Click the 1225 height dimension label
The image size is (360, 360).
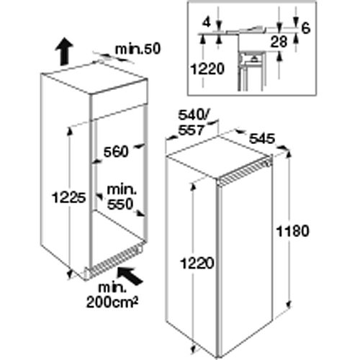point(69,198)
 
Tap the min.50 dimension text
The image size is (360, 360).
point(138,49)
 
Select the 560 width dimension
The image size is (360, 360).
point(116,152)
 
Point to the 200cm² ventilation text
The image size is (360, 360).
point(112,302)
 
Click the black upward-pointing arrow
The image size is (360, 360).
point(64,52)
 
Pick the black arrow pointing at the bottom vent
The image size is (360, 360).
point(130,276)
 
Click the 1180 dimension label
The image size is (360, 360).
point(293,231)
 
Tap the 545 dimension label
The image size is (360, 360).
point(262,139)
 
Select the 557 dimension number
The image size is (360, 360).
point(191,130)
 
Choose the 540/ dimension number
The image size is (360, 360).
point(194,115)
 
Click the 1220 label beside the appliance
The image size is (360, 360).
point(197,264)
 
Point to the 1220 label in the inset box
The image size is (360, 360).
point(207,69)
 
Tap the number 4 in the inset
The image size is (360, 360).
point(206,22)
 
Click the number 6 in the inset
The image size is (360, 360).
point(305,28)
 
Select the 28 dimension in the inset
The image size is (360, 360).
point(279,42)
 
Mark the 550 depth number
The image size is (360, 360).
point(120,204)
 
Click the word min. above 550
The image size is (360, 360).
point(122,190)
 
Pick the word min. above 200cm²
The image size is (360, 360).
point(112,288)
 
